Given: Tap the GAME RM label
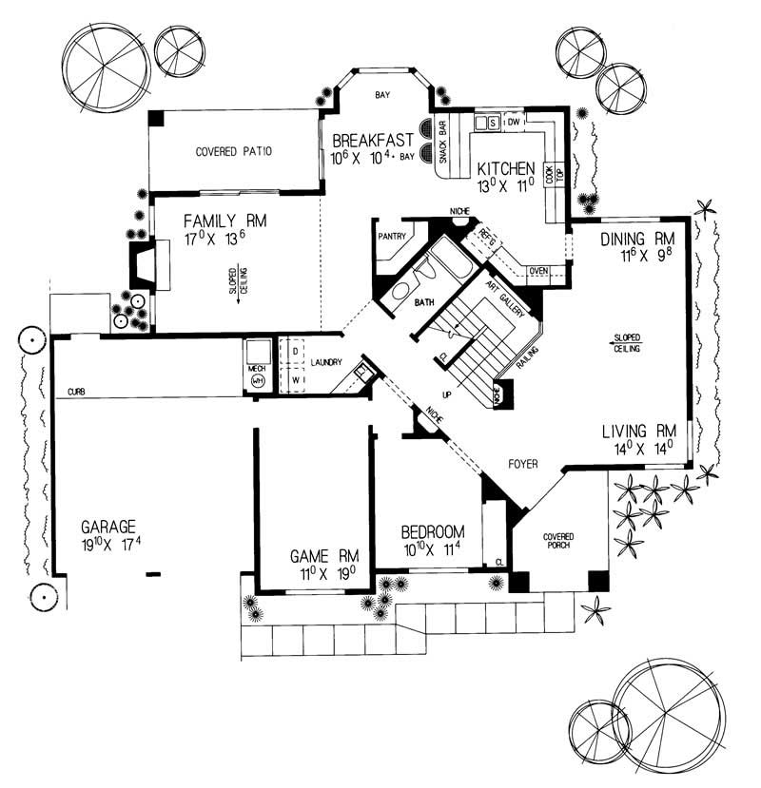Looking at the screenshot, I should pos(323,556).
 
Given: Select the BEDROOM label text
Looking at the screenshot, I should pos(432,531).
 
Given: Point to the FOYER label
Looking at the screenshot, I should pos(522,465).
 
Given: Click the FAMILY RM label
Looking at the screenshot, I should pos(224,221).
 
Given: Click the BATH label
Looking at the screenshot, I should pos(424,303).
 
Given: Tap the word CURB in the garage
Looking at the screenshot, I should pos(79,391).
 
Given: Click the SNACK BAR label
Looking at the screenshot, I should pos(442,146).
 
